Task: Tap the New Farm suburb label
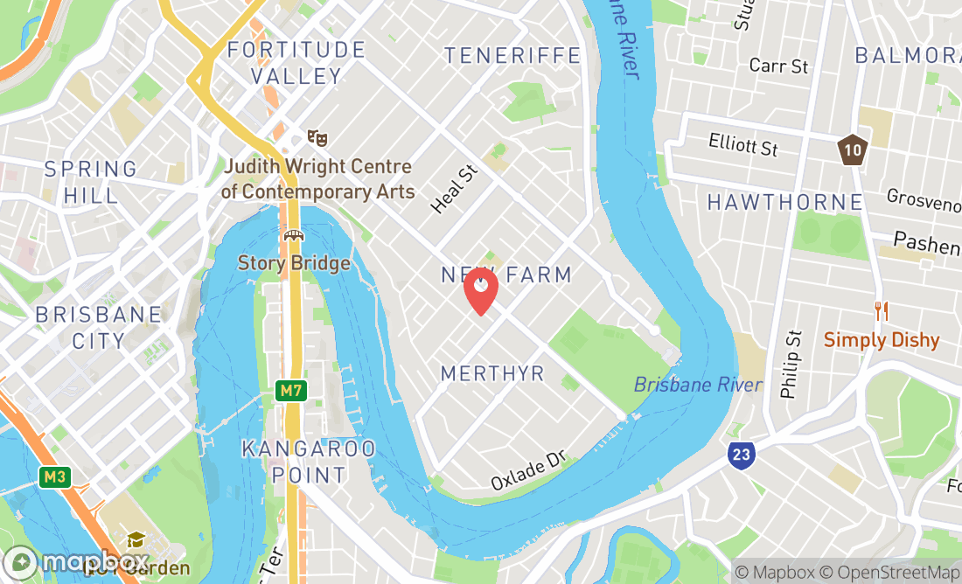point(505,275)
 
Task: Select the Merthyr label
point(492,373)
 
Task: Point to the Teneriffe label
point(512,56)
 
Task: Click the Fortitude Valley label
point(296,63)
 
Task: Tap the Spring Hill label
point(91,181)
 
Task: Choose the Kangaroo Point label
point(308,462)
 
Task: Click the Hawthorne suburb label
point(784,203)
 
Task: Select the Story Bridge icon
point(293,236)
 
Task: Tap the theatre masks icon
point(317,138)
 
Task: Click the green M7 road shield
point(291,391)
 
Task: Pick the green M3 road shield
point(53,476)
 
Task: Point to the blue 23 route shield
point(739,454)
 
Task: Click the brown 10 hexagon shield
point(852,149)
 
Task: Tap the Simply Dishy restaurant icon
point(882,310)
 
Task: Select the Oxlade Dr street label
point(529,470)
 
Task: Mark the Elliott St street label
point(743,143)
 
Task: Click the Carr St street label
point(778,66)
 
